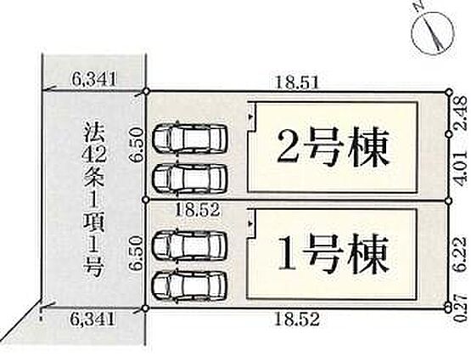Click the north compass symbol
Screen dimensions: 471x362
click(433, 32)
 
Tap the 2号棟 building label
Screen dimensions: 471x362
click(332, 148)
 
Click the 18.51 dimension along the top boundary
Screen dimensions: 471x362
click(297, 82)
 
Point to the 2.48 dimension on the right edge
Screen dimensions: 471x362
click(463, 113)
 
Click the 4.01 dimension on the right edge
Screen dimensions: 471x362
click(463, 167)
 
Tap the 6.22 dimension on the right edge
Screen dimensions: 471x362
click(463, 255)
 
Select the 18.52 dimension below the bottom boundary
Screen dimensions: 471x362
click(297, 320)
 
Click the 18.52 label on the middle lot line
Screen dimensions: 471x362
click(198, 210)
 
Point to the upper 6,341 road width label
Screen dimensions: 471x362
click(94, 80)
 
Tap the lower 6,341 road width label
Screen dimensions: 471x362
click(93, 320)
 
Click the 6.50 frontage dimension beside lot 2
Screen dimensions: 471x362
click(136, 145)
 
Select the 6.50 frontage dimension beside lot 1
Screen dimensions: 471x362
click(136, 253)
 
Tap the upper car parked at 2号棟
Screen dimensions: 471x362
click(190, 139)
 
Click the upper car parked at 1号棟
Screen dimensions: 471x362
click(190, 246)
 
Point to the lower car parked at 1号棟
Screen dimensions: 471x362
click(190, 285)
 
